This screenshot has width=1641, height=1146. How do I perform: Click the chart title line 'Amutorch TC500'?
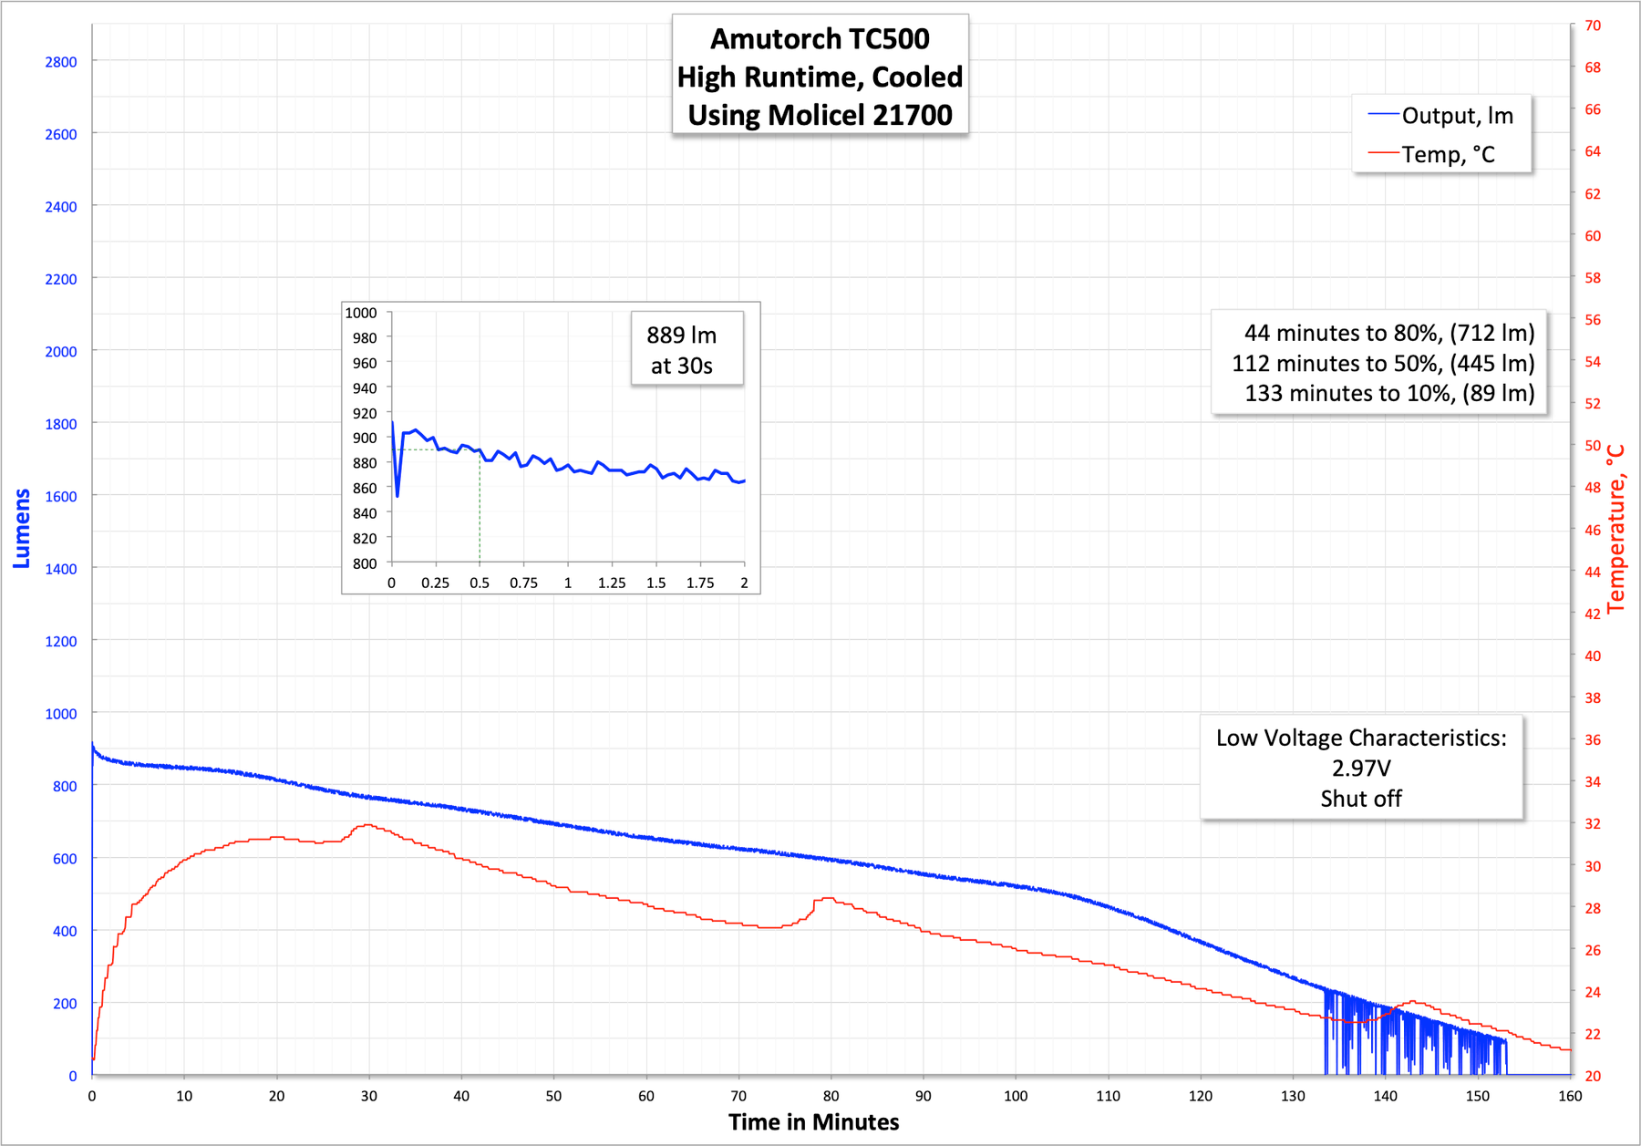[x=820, y=39]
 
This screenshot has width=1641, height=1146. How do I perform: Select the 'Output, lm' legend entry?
[x=1457, y=116]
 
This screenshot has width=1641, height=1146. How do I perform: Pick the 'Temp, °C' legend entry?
[x=1448, y=155]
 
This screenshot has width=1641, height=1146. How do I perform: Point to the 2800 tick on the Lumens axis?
[x=61, y=62]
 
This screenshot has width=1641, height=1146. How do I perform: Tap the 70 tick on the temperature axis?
[x=1593, y=26]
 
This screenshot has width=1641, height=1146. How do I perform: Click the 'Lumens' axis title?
[x=22, y=529]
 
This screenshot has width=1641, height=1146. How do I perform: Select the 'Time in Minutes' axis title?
[x=813, y=1122]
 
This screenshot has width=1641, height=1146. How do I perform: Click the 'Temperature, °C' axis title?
[x=1616, y=529]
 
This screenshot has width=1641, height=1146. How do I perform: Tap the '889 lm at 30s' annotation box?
[x=682, y=350]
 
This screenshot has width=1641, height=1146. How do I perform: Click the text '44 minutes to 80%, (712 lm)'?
[x=1388, y=333]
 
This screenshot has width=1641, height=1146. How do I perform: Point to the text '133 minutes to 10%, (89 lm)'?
[x=1388, y=393]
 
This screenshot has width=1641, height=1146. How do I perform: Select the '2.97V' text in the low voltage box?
[x=1361, y=768]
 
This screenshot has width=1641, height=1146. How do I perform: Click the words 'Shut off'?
[x=1361, y=799]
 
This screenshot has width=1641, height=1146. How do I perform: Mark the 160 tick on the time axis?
[x=1570, y=1096]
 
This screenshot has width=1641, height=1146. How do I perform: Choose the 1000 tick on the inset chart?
[x=361, y=313]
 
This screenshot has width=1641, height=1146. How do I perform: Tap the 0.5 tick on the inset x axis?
[x=480, y=583]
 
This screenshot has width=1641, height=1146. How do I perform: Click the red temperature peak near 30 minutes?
[x=367, y=825]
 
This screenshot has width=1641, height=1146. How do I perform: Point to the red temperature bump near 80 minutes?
[x=827, y=899]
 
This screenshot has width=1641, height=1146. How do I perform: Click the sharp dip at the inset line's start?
[x=397, y=495]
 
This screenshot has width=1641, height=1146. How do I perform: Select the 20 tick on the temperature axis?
[x=1593, y=1076]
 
